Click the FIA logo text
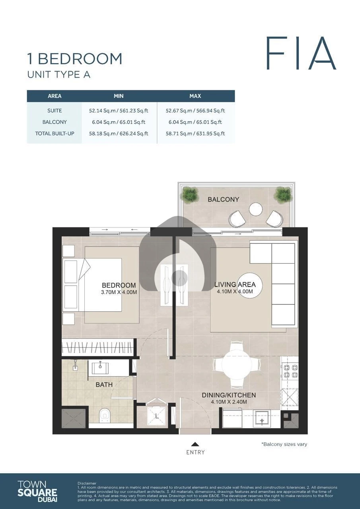click(301, 53)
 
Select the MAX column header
click(195, 96)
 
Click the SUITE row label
click(54, 111)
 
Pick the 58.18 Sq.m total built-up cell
click(119, 134)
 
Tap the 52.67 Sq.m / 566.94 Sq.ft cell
click(195, 111)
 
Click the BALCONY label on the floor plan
click(224, 200)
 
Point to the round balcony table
click(256, 209)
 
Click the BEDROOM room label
click(119, 285)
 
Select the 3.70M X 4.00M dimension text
click(119, 292)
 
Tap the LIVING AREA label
click(235, 284)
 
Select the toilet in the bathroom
click(105, 416)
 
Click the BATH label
click(104, 385)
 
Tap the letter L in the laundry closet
click(157, 416)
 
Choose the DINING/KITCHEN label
click(229, 395)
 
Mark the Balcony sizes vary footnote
click(284, 444)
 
